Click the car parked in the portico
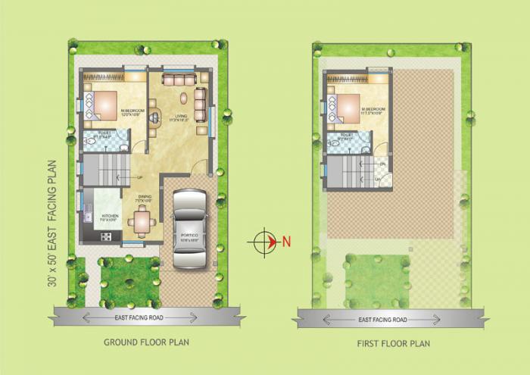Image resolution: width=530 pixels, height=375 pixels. point(189,228)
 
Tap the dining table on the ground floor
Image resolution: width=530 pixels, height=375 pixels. point(142,220)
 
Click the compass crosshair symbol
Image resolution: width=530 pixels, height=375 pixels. point(261,242)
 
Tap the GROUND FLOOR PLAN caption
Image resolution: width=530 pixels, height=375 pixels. point(147,342)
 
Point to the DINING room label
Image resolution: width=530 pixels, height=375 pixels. point(144,198)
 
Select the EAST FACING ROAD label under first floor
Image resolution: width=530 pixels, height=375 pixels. point(383,320)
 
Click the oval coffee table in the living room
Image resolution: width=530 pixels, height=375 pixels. point(182,98)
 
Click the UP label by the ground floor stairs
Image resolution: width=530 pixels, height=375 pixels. point(139,178)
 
